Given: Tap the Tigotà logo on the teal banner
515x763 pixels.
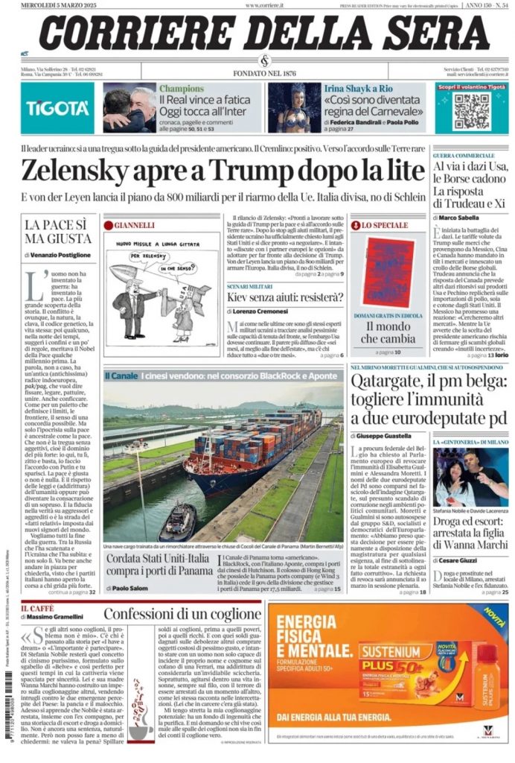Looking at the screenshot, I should tap(57, 108).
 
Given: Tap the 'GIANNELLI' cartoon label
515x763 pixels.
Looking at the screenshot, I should tap(134, 224).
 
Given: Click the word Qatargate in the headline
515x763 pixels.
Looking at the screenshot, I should tap(396, 383).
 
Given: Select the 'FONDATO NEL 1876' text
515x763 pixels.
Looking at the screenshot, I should tap(264, 73).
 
